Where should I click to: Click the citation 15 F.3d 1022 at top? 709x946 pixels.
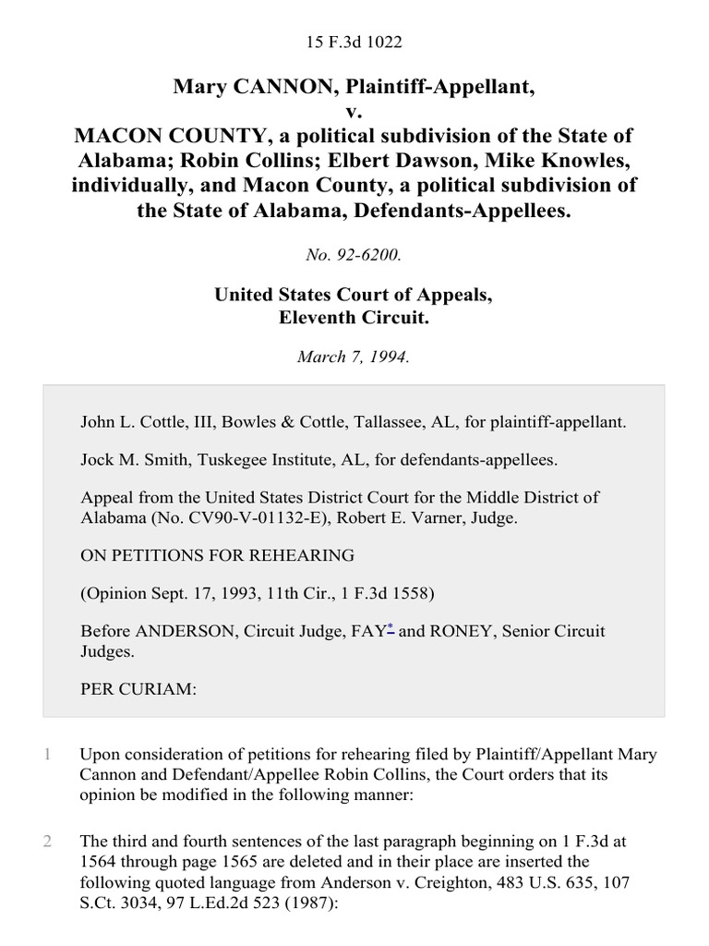click(x=354, y=42)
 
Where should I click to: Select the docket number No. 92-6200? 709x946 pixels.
click(x=354, y=256)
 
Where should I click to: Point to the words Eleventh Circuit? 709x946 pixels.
click(x=354, y=318)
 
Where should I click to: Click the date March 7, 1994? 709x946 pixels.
click(x=354, y=358)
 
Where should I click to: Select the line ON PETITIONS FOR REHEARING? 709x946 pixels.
click(x=218, y=555)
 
